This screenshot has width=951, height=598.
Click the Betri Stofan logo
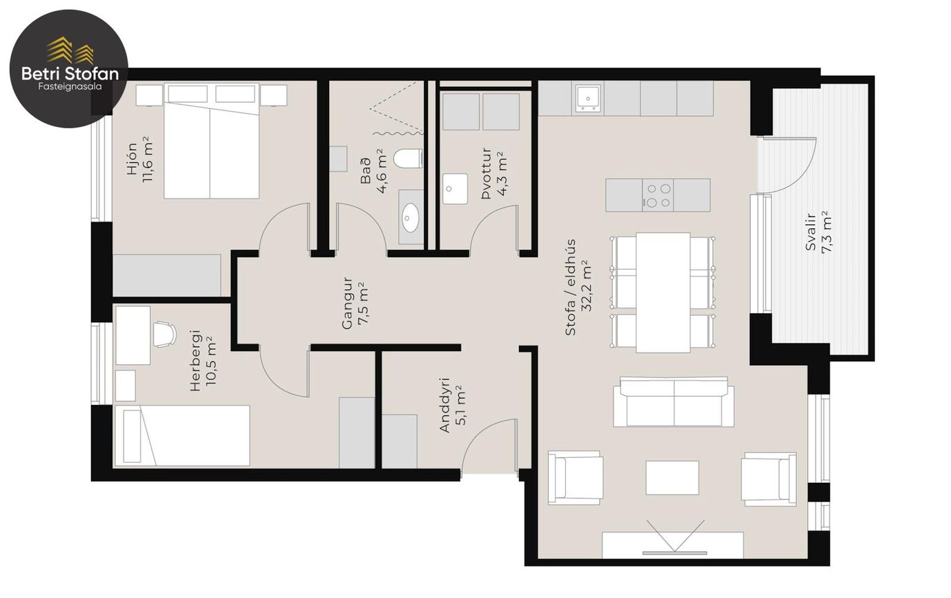69,68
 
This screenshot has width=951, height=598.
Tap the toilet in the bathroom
408,159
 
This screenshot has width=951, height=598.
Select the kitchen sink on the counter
589,99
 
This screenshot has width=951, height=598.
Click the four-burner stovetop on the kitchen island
658,195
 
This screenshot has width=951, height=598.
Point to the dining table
663,292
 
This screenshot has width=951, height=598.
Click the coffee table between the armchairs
672,477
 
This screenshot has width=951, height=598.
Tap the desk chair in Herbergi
165,335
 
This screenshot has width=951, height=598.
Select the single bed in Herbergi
182,435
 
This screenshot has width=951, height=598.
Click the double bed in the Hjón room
211,141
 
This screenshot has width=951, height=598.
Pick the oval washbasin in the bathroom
411,218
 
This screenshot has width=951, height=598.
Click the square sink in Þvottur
455,188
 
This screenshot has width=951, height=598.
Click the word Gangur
347,303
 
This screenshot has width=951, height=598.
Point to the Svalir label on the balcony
810,232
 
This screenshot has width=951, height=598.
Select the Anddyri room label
444,405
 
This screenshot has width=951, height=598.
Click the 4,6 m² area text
381,171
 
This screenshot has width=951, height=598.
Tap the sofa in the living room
674,401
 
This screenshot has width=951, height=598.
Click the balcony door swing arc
805,178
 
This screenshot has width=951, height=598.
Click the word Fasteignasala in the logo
70,87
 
